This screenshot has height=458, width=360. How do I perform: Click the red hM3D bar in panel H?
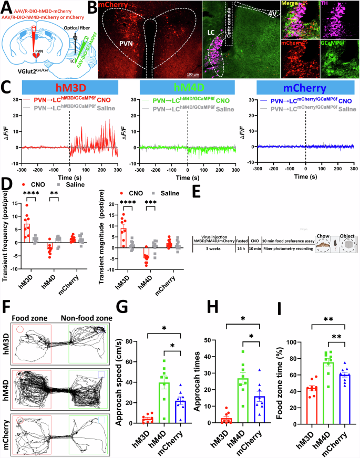click(211, 420)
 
